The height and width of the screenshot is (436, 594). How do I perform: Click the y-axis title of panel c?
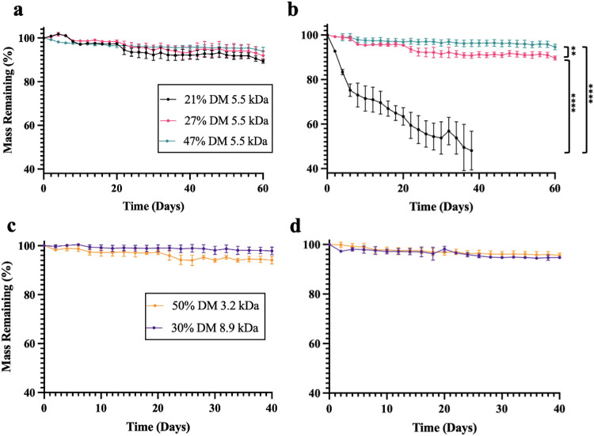7,320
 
